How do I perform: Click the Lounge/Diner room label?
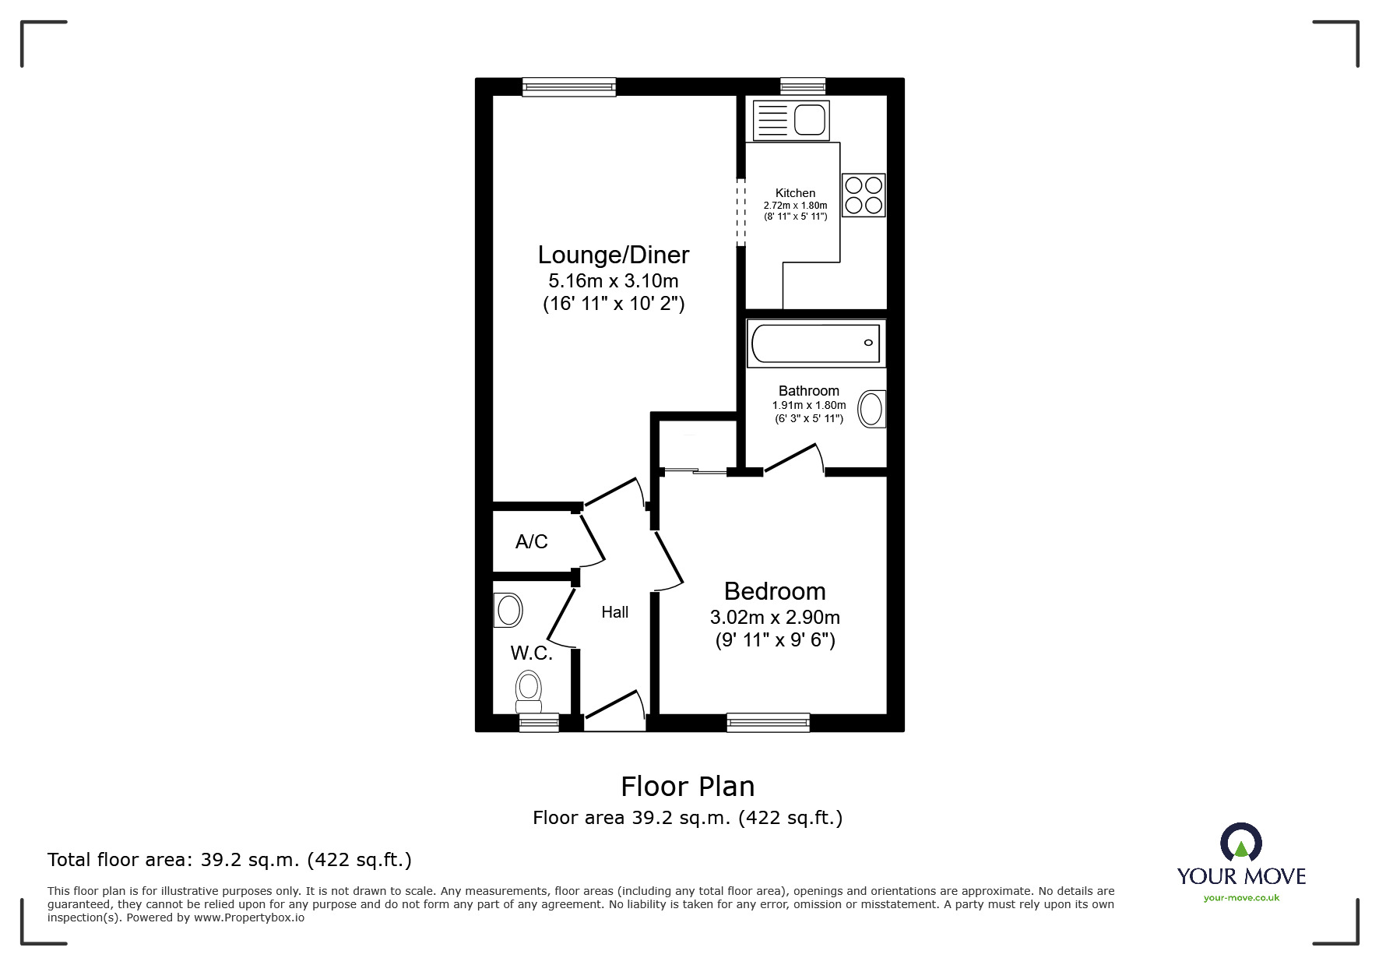tap(614, 255)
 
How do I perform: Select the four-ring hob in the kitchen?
tap(864, 195)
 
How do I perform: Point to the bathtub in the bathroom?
tap(814, 343)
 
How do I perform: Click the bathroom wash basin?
tap(871, 409)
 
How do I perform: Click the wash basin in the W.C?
tap(508, 610)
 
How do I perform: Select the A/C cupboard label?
tap(531, 541)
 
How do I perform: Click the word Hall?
tap(614, 612)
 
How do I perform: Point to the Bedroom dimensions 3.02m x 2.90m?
tap(775, 618)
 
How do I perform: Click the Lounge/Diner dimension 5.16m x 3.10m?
tap(614, 280)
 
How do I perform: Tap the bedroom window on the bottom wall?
tap(768, 723)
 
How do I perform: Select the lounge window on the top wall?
tap(569, 86)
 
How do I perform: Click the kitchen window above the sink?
tap(803, 86)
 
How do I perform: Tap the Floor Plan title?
tap(688, 787)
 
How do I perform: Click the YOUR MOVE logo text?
tap(1241, 876)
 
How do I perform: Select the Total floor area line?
tap(230, 860)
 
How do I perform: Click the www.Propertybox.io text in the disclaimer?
tap(249, 917)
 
